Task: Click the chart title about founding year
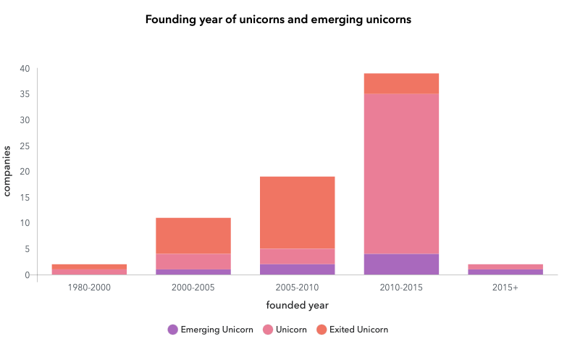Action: (x=278, y=20)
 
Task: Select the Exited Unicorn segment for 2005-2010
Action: (x=297, y=212)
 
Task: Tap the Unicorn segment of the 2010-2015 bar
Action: (x=401, y=174)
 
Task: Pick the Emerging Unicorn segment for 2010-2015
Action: (x=401, y=264)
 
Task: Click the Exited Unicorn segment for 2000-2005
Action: (x=193, y=235)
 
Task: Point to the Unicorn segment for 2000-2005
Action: (x=193, y=261)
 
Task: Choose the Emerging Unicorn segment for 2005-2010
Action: (x=297, y=269)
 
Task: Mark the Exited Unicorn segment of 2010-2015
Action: (x=401, y=83)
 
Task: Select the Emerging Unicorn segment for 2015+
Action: (x=505, y=272)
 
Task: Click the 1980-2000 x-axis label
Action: (x=89, y=288)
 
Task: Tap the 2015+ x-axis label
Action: (x=505, y=288)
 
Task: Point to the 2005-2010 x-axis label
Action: (x=297, y=288)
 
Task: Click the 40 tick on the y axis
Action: (x=25, y=69)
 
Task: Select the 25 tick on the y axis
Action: (x=25, y=146)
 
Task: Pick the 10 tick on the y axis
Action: (x=25, y=223)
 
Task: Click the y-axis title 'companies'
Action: (x=8, y=171)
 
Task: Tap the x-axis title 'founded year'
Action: (x=297, y=305)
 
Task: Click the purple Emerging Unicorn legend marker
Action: (x=172, y=330)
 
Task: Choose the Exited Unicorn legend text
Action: (x=358, y=330)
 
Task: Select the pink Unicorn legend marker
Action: (x=267, y=330)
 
